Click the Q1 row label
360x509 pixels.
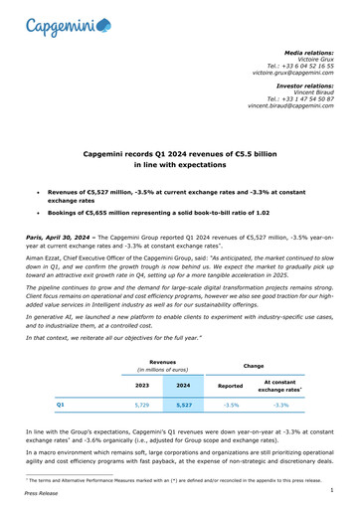pos(62,406)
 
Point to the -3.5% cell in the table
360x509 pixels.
pos(232,406)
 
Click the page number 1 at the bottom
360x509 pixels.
pos(340,488)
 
